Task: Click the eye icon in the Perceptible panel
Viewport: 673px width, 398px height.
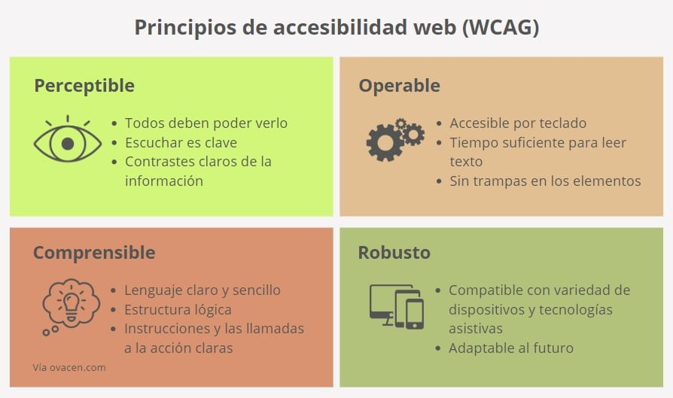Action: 68,142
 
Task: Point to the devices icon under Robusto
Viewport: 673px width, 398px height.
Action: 396,305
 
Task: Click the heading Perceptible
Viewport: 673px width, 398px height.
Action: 84,86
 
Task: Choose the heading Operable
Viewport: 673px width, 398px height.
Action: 399,86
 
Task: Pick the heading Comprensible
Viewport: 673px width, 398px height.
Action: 94,252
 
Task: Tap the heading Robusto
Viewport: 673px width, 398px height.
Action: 394,252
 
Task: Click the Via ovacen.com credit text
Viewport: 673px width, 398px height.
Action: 69,368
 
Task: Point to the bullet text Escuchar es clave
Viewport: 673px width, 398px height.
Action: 181,142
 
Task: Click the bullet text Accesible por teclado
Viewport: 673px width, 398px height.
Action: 518,123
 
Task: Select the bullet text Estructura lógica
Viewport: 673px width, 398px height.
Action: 178,309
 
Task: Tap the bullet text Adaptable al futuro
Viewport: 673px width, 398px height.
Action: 511,348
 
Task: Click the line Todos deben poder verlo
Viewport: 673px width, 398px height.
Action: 206,123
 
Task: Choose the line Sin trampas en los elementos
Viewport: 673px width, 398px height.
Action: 545,181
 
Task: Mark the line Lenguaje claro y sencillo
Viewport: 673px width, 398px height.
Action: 203,290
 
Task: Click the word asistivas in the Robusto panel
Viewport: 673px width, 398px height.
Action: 476,329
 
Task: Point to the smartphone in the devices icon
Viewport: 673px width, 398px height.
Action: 415,314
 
